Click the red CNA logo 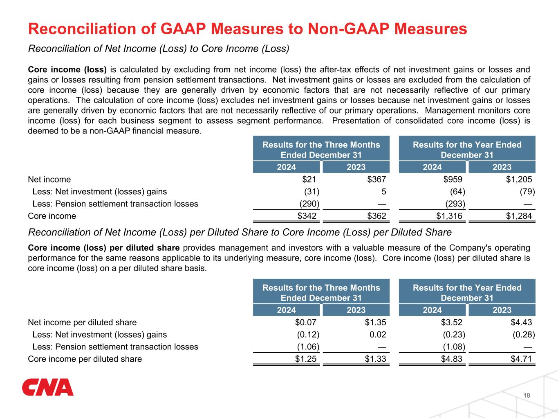point(48,387)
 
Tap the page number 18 point(527,396)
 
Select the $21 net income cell point(309,180)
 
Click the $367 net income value point(376,180)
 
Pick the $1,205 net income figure point(519,180)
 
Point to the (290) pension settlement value point(309,204)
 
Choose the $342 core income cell point(307,216)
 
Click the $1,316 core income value point(449,216)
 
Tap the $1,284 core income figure point(519,216)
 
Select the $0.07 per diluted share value point(305,322)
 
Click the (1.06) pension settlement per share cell point(308,347)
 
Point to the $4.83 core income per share point(451,359)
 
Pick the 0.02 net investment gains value point(378,334)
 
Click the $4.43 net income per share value point(521,322)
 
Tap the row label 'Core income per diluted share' point(85,359)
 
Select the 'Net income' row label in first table point(49,180)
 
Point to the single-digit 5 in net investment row point(383,191)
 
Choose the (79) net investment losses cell point(527,191)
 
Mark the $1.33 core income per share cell point(375,359)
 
